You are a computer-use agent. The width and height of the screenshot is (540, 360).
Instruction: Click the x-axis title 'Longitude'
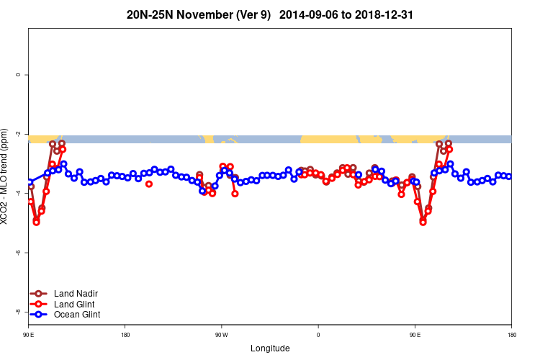[x=270, y=348]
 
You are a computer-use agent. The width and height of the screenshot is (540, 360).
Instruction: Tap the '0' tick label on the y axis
[x=18, y=75]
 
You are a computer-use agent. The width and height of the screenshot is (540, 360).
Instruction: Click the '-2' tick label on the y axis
[x=18, y=134]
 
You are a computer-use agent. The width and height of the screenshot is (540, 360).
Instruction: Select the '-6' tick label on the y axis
[x=18, y=253]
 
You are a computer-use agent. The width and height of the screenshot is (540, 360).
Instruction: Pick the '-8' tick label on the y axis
[x=18, y=312]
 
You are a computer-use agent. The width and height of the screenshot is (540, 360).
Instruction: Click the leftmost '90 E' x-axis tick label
[x=29, y=335]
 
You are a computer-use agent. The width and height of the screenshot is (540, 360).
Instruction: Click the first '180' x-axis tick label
[x=125, y=335]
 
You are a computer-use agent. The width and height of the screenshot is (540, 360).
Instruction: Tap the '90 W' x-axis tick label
[x=222, y=335]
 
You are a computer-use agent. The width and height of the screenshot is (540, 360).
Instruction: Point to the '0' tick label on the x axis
[x=318, y=335]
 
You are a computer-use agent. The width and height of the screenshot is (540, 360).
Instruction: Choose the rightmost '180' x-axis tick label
[x=511, y=335]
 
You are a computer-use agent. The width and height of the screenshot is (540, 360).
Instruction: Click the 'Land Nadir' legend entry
[x=76, y=293]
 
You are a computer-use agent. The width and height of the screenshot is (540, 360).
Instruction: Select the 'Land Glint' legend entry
[x=75, y=304]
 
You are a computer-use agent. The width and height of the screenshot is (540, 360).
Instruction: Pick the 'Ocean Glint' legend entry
[x=77, y=315]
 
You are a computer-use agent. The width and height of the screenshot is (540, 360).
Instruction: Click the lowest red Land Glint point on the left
[x=37, y=222]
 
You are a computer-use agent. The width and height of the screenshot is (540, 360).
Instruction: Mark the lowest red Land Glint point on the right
[x=423, y=222]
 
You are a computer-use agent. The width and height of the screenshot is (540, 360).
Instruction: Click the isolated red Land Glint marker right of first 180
[x=149, y=184]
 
